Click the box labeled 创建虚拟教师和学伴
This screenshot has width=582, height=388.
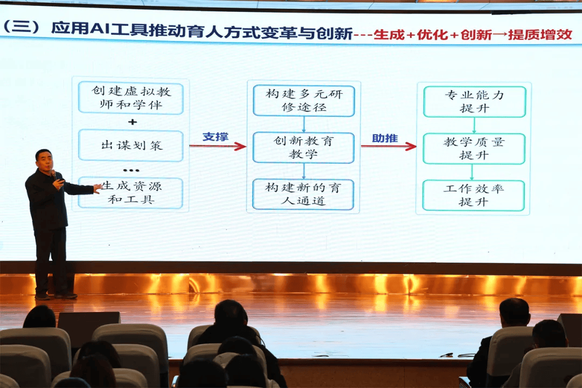point(130,98)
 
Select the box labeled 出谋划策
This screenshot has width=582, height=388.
point(130,145)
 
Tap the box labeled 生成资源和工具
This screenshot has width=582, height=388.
point(130,193)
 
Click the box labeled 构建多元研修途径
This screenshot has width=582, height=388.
point(303,101)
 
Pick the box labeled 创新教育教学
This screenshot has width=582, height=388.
point(303,148)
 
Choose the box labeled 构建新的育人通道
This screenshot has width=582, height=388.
point(303,194)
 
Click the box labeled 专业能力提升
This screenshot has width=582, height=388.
point(474,101)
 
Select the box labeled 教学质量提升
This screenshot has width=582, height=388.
point(474,149)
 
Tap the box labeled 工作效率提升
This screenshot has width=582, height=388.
point(473,195)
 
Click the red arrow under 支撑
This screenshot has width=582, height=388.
point(218,146)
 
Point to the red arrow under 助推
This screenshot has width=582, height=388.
point(389,146)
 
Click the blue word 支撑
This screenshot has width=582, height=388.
point(215,137)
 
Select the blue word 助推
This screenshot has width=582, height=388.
point(385,138)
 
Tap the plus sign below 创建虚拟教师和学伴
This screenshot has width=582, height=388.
point(132,122)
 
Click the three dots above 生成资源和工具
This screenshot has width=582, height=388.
point(131,170)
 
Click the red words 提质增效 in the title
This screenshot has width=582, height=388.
point(539,34)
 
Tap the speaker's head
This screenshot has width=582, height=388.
point(44,159)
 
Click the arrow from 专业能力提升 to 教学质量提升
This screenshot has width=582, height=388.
point(474,125)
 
